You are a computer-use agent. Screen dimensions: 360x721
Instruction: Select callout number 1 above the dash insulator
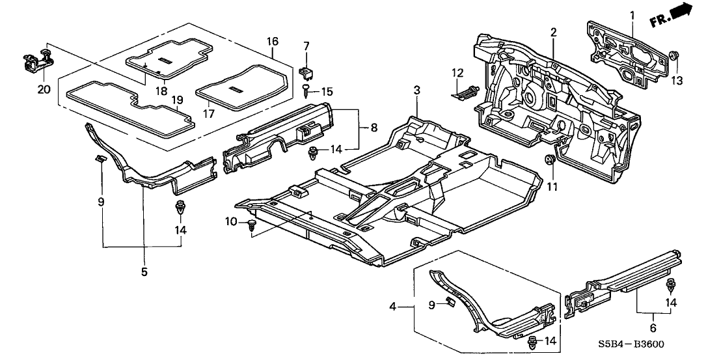click(x=631, y=14)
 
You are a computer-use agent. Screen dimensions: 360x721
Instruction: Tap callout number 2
click(x=553, y=32)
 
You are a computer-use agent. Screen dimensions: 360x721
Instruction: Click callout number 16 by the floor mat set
click(x=273, y=42)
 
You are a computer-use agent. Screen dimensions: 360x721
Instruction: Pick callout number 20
click(x=44, y=89)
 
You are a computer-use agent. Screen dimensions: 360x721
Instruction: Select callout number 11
click(x=553, y=187)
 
